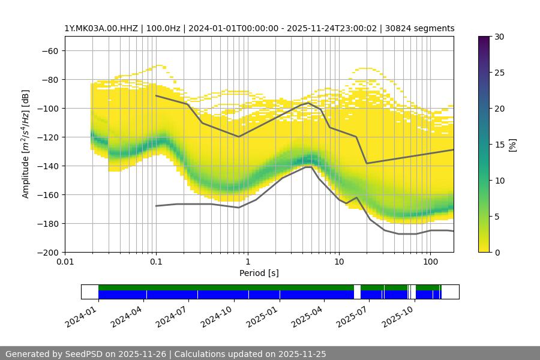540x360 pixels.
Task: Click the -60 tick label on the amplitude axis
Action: (x=49, y=50)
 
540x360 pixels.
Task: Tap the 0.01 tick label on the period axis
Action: (x=65, y=262)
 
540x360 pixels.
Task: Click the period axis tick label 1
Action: (x=247, y=262)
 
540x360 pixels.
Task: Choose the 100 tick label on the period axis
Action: (x=430, y=262)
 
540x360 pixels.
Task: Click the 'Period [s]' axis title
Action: (x=259, y=273)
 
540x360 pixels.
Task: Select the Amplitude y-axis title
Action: (x=25, y=144)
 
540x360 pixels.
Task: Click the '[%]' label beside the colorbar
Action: (x=512, y=145)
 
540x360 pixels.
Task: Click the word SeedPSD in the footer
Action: (x=85, y=354)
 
